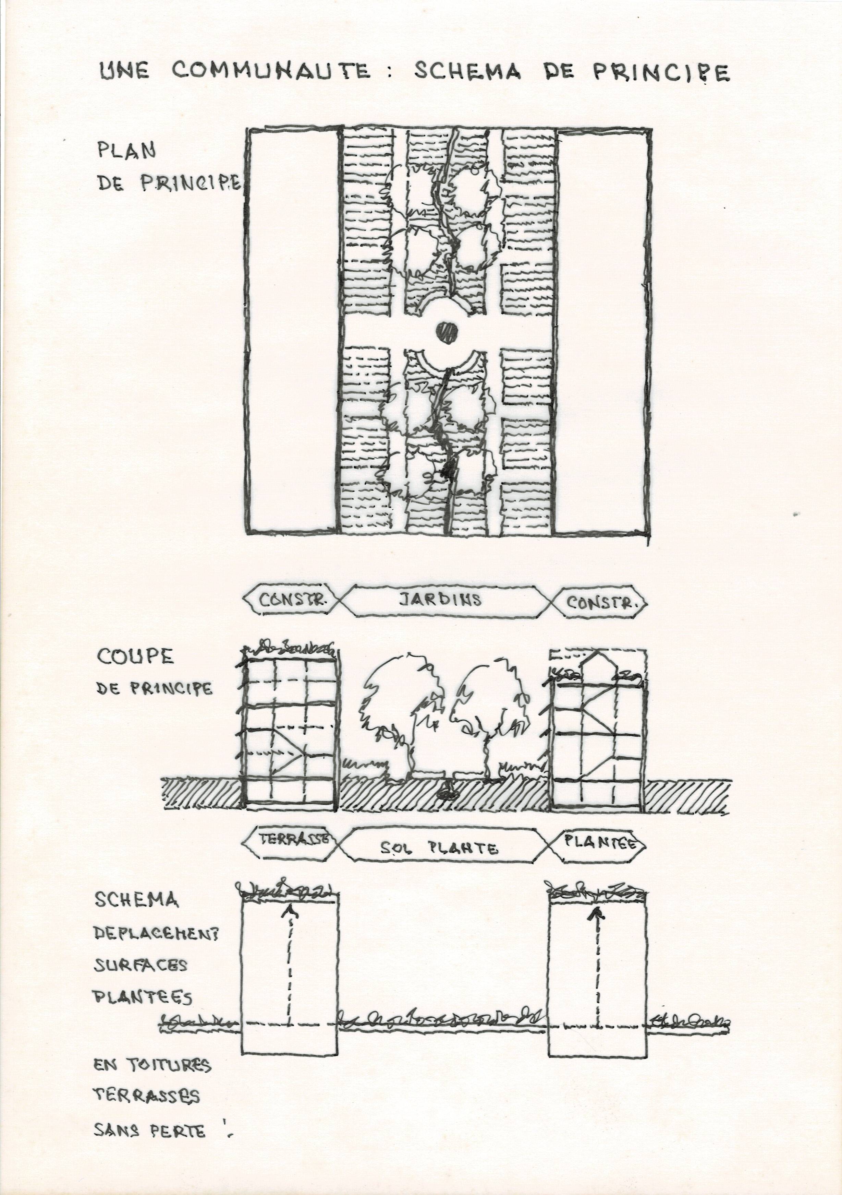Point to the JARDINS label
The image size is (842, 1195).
(440, 600)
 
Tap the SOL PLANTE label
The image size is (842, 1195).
(438, 848)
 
